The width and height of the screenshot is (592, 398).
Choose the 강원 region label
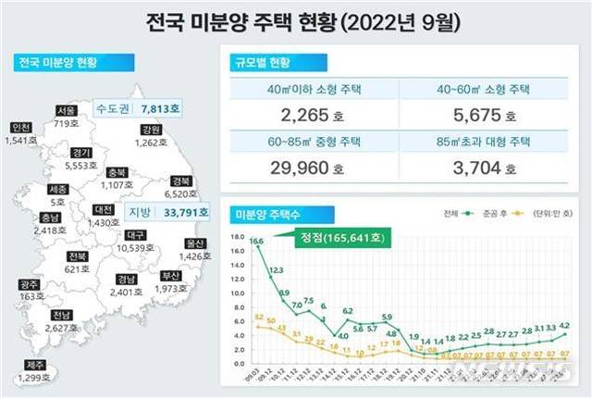[152, 129]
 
